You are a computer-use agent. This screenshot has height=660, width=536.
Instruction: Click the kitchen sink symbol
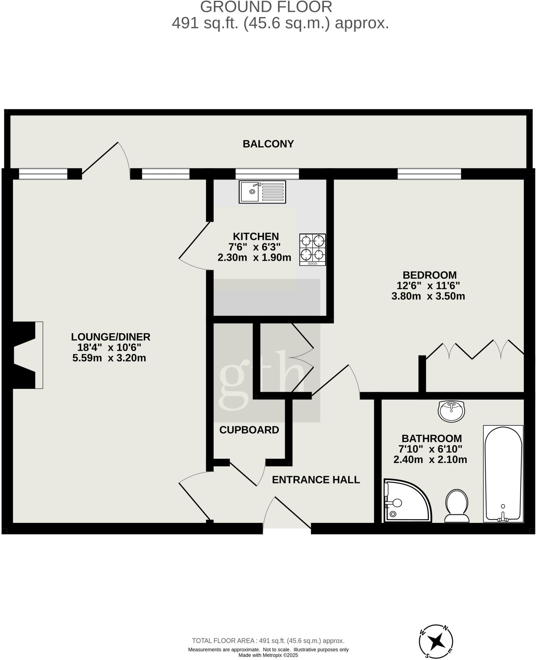pyautogui.click(x=262, y=192)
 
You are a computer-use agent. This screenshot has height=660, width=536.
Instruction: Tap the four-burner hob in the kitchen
pyautogui.click(x=312, y=249)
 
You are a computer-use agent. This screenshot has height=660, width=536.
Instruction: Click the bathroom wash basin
pyautogui.click(x=451, y=411)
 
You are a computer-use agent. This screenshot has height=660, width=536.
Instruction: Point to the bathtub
pyautogui.click(x=503, y=473)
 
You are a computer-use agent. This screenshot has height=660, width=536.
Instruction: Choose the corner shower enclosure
pyautogui.click(x=406, y=501)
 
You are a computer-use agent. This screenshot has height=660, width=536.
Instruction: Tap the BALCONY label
pyautogui.click(x=268, y=144)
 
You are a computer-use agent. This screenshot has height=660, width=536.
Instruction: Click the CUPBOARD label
pyautogui.click(x=249, y=430)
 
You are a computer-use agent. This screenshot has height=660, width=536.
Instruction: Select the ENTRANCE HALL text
pyautogui.click(x=316, y=480)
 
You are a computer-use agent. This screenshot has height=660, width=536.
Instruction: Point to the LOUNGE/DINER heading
pyautogui.click(x=110, y=337)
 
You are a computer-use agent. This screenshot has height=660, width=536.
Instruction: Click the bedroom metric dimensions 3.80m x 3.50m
pyautogui.click(x=428, y=296)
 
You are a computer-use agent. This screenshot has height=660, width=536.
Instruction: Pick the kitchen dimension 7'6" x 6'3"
pyautogui.click(x=254, y=247)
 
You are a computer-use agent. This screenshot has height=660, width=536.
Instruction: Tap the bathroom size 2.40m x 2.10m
pyautogui.click(x=430, y=460)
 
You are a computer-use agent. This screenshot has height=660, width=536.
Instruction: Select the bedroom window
pyautogui.click(x=429, y=174)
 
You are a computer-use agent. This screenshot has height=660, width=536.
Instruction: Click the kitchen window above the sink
pyautogui.click(x=267, y=174)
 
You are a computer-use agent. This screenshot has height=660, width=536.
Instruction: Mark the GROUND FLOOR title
pyautogui.click(x=266, y=7)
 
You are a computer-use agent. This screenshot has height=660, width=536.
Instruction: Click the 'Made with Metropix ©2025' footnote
pyautogui.click(x=268, y=655)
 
